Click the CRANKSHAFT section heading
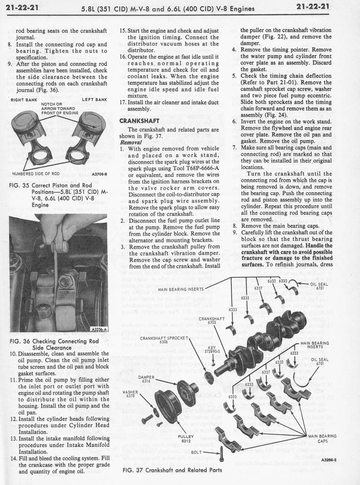click(139, 120)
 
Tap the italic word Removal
click(131, 142)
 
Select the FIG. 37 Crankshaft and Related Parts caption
click(172, 470)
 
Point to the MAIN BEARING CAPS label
click(322, 438)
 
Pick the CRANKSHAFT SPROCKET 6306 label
click(164, 340)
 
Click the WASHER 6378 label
click(130, 394)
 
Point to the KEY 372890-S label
click(211, 349)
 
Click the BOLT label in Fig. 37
click(196, 452)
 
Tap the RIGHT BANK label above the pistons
click(21, 99)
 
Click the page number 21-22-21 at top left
click(22, 8)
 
